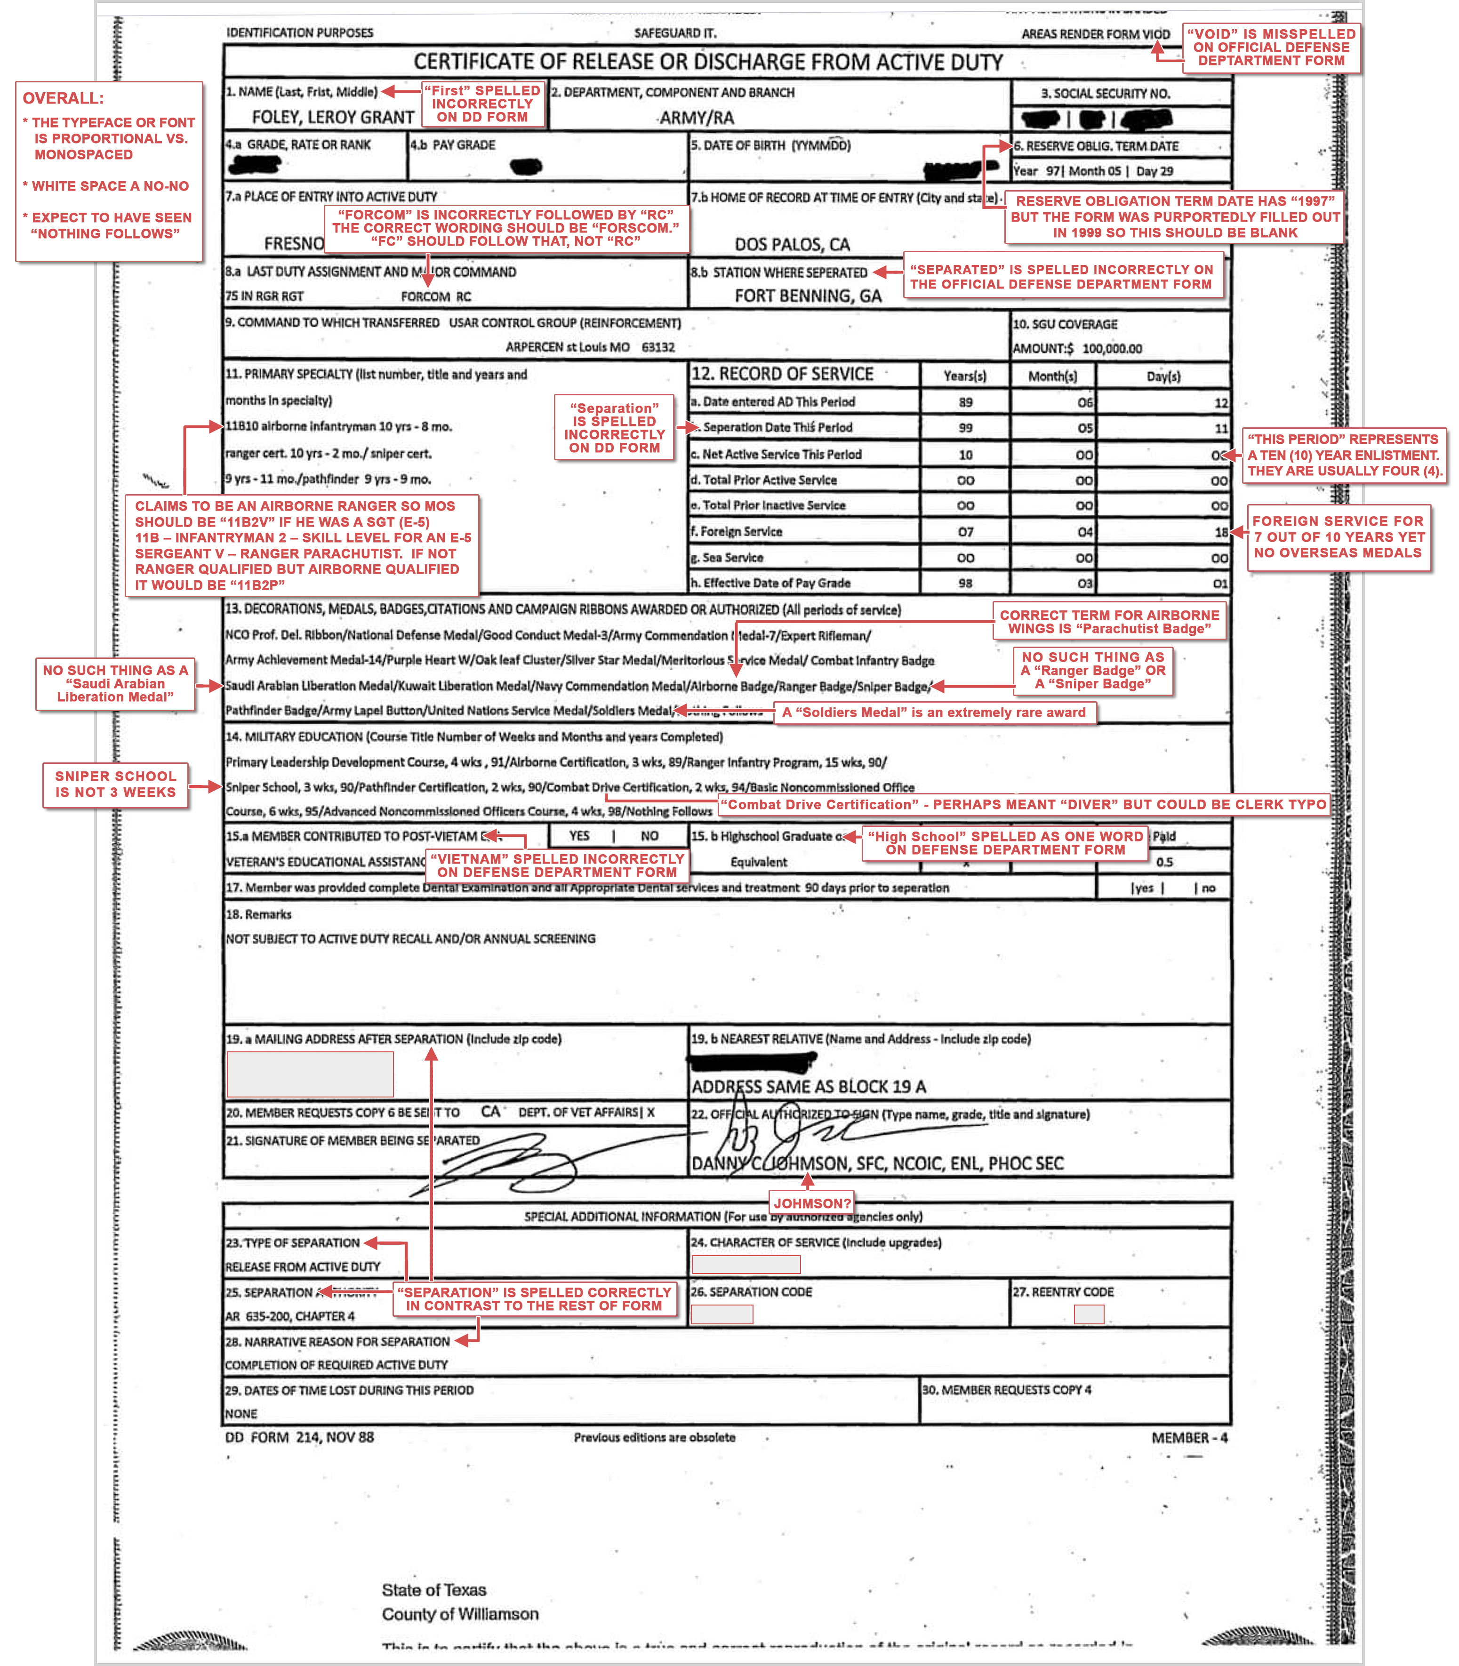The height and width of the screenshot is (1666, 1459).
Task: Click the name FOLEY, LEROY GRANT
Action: [332, 117]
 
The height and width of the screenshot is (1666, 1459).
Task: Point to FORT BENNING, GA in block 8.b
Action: [808, 296]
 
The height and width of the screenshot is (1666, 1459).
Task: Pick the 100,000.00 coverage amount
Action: [1112, 349]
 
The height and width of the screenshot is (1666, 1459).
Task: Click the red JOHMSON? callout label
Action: [812, 1203]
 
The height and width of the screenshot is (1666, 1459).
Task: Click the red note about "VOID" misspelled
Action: [1271, 47]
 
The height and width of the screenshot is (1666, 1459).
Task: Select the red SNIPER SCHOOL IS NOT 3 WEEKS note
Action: [116, 784]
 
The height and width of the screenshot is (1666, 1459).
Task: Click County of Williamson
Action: [460, 1614]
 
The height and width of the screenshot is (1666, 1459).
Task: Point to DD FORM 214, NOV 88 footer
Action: [300, 1437]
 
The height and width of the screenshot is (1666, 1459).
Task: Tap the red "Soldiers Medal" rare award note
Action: [934, 713]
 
